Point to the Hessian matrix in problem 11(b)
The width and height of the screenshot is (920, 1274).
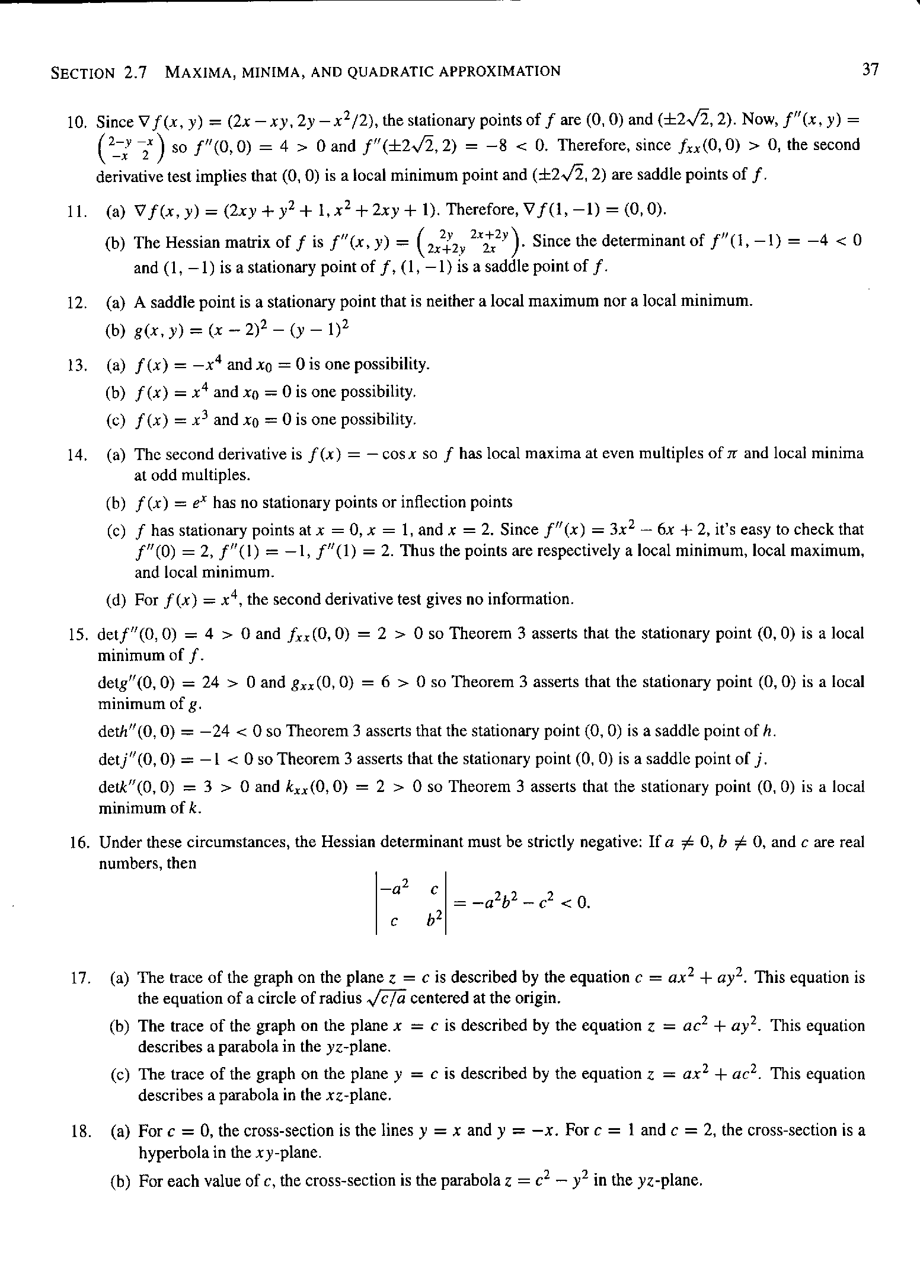(471, 242)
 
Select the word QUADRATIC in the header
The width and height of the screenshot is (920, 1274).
(392, 72)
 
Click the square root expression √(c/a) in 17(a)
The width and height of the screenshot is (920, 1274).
(385, 998)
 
